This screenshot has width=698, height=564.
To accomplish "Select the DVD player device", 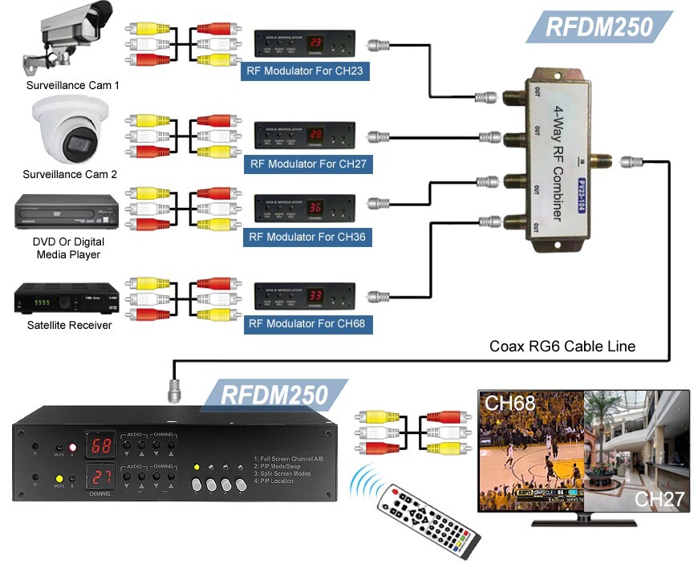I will [66, 213].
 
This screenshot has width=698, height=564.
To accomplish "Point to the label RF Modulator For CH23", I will [305, 71].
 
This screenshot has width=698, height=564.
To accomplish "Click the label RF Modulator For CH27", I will [305, 164].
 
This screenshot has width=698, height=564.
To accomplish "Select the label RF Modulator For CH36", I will [305, 237].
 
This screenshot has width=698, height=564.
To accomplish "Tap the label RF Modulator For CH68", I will [305, 324].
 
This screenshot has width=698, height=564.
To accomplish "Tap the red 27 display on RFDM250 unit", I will [101, 476].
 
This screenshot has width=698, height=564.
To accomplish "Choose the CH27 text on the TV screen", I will [659, 500].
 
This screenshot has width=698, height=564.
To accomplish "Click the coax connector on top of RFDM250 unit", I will [172, 392].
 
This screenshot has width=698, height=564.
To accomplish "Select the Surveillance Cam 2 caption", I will [70, 174].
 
